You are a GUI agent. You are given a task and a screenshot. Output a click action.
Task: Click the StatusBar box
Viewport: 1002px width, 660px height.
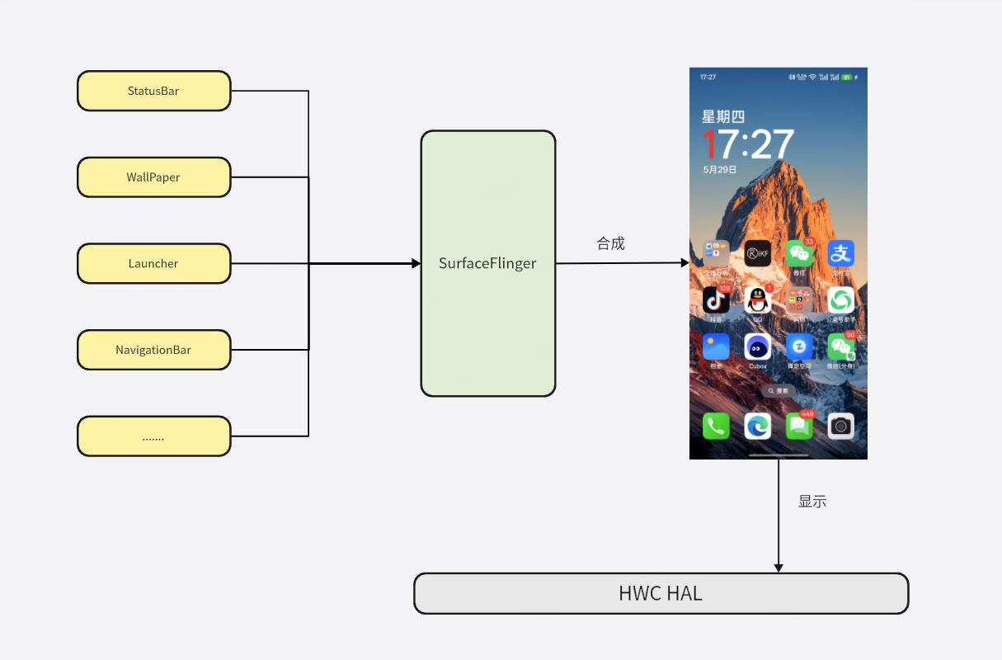point(153,91)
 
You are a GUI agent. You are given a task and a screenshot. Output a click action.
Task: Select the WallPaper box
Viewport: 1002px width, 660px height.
point(153,177)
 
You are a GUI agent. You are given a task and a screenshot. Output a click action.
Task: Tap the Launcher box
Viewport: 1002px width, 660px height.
point(153,264)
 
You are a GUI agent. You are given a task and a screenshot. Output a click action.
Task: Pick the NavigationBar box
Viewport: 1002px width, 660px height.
point(153,350)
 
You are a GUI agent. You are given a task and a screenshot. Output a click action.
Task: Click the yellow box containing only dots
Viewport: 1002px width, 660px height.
point(153,436)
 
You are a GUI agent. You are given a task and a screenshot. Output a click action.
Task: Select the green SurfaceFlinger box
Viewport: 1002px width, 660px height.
point(487,264)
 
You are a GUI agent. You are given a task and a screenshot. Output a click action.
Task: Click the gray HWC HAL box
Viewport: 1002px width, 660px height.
point(661,593)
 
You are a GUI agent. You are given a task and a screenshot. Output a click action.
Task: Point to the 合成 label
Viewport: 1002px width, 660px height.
point(611,243)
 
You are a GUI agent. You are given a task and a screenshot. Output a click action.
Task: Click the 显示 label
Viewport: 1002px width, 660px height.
point(812,501)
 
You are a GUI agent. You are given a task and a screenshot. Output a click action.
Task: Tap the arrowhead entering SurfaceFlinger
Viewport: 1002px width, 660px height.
point(416,264)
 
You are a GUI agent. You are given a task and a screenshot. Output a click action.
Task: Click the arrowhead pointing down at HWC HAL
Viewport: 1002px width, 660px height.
point(779,568)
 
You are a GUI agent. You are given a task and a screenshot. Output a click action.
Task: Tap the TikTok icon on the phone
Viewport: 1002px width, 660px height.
point(715,299)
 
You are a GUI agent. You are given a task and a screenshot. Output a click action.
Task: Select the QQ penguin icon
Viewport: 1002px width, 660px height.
point(757,299)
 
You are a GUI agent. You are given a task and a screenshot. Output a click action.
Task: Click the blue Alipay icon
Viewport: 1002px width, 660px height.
point(840,253)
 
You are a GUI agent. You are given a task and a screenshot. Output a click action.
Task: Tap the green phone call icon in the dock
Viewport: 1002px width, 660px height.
point(715,426)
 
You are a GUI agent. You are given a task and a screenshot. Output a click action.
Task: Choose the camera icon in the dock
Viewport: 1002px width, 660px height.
point(840,426)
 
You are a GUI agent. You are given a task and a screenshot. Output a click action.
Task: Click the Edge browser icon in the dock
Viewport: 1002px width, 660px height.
point(757,426)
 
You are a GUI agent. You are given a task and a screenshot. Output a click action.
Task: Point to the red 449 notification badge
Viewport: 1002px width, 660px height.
point(807,414)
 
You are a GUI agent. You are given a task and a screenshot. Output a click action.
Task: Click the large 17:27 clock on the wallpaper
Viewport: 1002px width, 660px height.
point(747,144)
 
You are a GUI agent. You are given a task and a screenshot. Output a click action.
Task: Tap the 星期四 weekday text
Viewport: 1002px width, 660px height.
point(722,117)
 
